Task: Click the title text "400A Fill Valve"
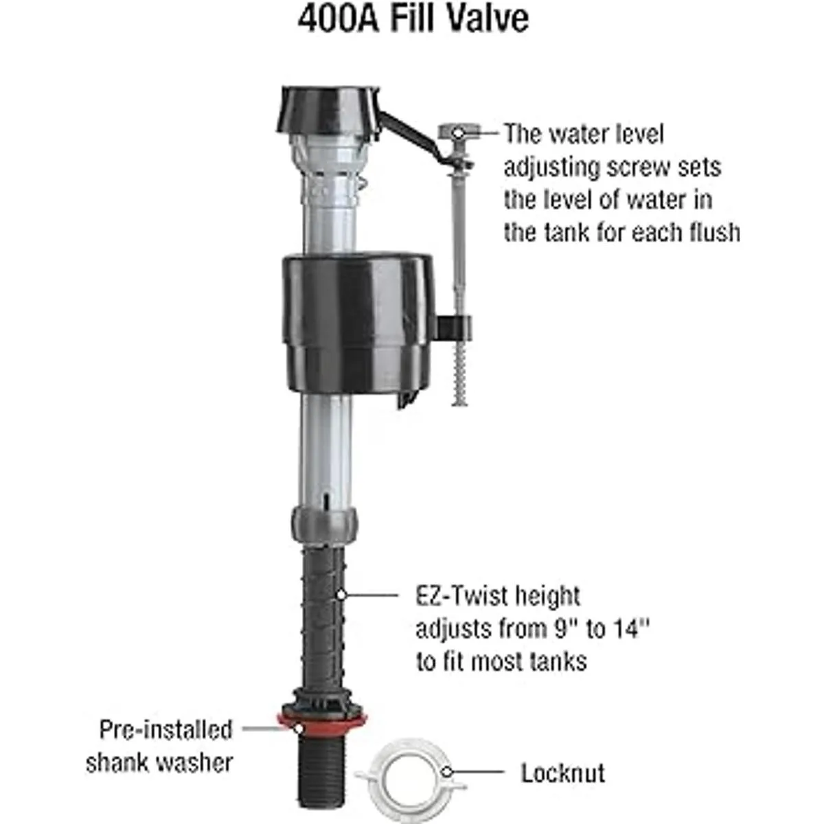coord(413,19)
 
